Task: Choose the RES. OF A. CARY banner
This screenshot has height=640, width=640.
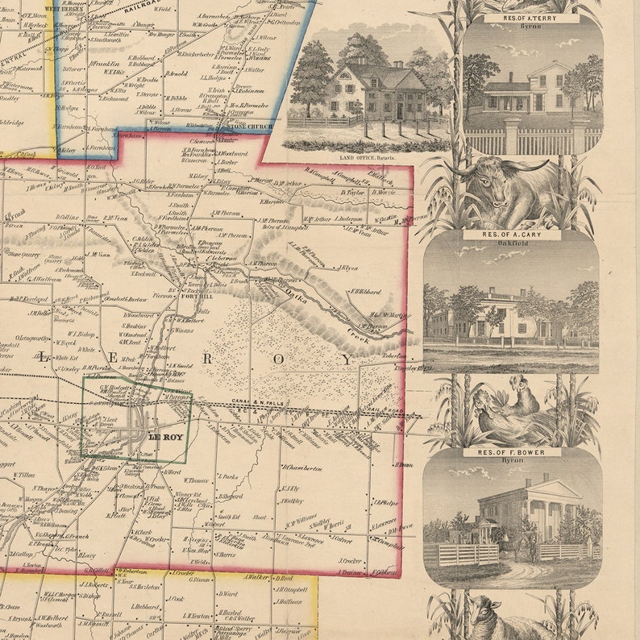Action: (512, 235)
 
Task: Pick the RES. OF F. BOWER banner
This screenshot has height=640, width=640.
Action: (512, 452)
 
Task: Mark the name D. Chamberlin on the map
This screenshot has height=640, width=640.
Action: (302, 468)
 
